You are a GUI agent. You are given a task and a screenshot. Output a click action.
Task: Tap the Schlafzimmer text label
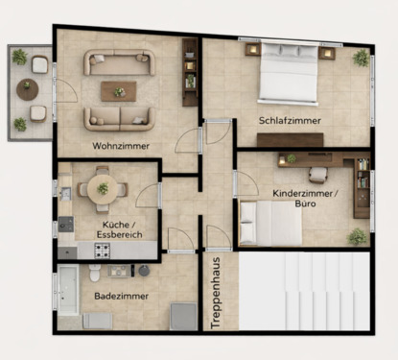click(289, 121)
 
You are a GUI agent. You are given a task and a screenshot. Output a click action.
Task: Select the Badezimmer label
click(121, 297)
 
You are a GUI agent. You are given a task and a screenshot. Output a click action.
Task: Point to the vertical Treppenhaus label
click(216, 293)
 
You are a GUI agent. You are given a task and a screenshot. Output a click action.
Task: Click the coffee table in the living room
click(119, 91)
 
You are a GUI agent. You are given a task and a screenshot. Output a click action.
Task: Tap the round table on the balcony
click(28, 89)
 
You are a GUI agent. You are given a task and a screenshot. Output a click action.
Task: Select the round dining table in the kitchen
click(103, 187)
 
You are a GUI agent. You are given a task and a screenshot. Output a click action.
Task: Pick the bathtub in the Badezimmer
click(68, 289)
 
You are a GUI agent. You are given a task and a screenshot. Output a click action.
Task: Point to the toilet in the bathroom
click(95, 275)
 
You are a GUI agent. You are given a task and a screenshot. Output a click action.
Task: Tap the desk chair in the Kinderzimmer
click(317, 174)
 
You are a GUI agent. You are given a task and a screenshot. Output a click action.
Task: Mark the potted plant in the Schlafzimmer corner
click(361, 59)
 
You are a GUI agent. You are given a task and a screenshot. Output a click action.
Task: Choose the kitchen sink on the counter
click(65, 194)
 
